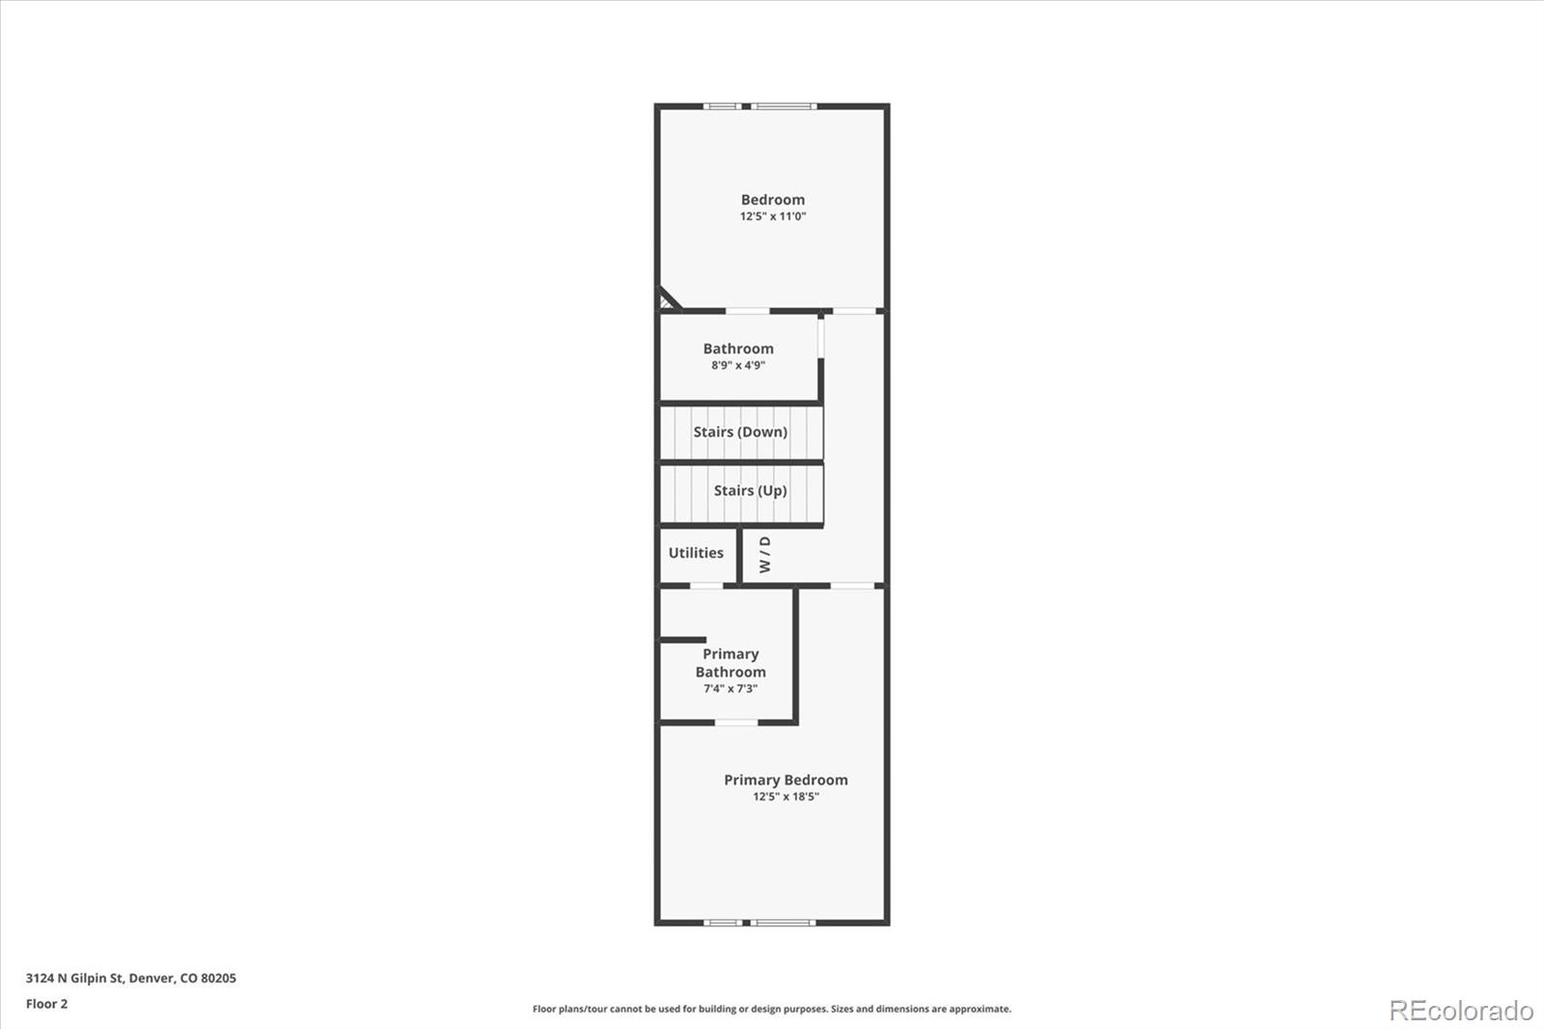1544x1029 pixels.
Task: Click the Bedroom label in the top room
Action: [x=772, y=200]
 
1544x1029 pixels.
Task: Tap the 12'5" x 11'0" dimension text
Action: [x=772, y=216]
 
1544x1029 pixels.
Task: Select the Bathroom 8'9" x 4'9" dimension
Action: [x=738, y=365]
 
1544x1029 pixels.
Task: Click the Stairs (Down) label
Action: [x=740, y=431]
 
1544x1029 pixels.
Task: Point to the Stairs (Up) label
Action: [x=750, y=490]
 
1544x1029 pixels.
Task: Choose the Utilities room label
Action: [x=696, y=552]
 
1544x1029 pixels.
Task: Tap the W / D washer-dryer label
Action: [x=765, y=554]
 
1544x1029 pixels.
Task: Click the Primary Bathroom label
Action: [x=731, y=663]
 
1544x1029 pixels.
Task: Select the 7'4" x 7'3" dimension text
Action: [x=731, y=688]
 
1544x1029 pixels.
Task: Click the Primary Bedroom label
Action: [x=786, y=780]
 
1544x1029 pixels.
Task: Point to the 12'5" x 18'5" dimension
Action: [x=786, y=796]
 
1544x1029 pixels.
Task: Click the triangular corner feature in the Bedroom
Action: [x=667, y=301]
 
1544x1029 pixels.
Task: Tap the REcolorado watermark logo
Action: [x=1460, y=1011]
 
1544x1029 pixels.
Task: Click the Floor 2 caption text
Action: [x=46, y=1004]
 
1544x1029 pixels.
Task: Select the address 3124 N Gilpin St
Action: [x=130, y=978]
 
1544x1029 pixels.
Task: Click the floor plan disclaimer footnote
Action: [x=772, y=1009]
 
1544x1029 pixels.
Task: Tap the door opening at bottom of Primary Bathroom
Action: [x=735, y=722]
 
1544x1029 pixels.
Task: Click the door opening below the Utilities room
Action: [x=705, y=585]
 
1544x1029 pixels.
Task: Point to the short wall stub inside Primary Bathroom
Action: [x=683, y=639]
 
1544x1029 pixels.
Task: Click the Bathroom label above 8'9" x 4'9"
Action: [x=738, y=348]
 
